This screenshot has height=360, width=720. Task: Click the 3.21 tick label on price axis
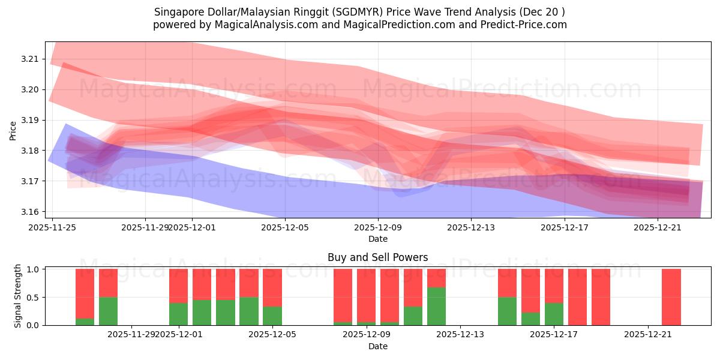click(29, 59)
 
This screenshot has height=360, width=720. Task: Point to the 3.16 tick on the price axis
click(29, 212)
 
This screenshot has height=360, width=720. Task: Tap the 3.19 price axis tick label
click(29, 120)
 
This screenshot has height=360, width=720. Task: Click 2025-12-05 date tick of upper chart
click(285, 227)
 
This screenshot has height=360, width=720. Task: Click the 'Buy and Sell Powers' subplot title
click(377, 257)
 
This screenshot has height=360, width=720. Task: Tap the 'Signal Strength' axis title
click(18, 296)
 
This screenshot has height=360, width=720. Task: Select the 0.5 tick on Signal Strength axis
click(34, 298)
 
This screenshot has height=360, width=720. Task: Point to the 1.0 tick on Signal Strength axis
click(34, 269)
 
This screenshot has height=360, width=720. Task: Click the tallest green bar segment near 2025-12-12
click(436, 306)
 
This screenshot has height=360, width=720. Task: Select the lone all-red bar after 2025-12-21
click(671, 297)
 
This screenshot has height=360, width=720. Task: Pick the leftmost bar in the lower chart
click(85, 297)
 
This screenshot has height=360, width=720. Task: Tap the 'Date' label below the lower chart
click(377, 346)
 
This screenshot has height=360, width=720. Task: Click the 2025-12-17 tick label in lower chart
click(554, 334)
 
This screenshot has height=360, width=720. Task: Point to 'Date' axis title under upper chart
click(377, 239)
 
